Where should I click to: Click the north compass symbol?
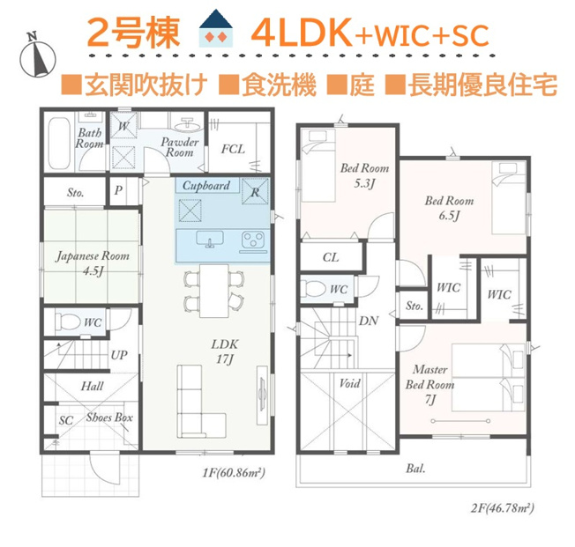37,55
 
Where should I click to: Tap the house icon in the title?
215,28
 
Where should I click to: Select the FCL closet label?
233,149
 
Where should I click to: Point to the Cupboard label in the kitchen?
206,186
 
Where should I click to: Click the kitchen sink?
209,239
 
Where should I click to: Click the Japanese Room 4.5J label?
93,263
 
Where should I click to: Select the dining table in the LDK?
214,291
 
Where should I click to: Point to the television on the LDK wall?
262,395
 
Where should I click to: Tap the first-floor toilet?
67,322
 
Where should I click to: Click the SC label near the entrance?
66,420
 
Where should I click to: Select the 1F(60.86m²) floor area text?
234,473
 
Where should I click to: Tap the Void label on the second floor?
349,383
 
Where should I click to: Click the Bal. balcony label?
415,469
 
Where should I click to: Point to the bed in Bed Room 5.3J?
318,166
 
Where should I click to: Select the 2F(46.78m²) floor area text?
503,508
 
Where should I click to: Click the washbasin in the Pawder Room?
187,125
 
